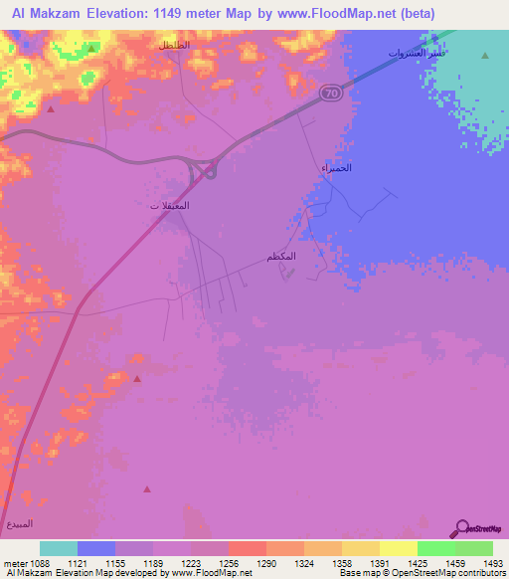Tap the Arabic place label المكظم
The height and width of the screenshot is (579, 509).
click(282, 257)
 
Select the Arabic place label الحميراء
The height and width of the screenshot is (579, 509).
click(338, 168)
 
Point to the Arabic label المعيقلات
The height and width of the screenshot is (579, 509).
click(169, 205)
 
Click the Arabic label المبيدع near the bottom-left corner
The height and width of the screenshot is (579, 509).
click(20, 523)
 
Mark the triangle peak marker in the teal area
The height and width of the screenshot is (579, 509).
click(485, 56)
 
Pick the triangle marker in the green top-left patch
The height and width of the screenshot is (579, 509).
click(91, 48)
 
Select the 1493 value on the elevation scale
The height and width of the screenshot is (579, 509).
click(481, 563)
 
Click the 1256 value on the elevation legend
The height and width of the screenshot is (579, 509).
click(228, 563)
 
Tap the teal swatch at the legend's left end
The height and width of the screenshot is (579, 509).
click(59, 548)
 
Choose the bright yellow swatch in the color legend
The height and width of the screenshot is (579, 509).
click(398, 548)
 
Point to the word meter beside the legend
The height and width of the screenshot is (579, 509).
click(13, 563)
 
